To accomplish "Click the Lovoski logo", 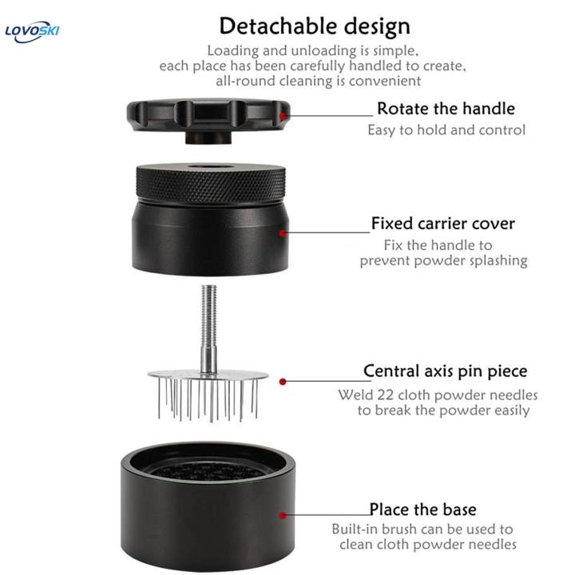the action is (32, 32).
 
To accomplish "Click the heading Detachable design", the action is (315, 26).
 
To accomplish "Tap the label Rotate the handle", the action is (446, 109).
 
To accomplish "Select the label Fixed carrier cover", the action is (443, 224).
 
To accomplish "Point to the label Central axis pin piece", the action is (445, 371).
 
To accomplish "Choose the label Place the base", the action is (422, 510).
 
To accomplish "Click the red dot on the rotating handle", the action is (283, 117).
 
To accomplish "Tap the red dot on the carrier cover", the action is (283, 233).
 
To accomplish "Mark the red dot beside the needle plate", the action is (283, 382).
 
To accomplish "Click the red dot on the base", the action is (283, 516).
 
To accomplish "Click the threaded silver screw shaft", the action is (208, 323).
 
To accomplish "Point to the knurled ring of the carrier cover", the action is (211, 184).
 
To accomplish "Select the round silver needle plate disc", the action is (208, 375).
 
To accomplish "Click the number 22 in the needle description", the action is (385, 395).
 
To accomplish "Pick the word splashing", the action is (498, 260).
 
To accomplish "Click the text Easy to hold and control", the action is (446, 130).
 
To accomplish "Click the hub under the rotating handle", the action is (209, 137).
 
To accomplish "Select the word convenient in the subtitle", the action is (385, 81).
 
